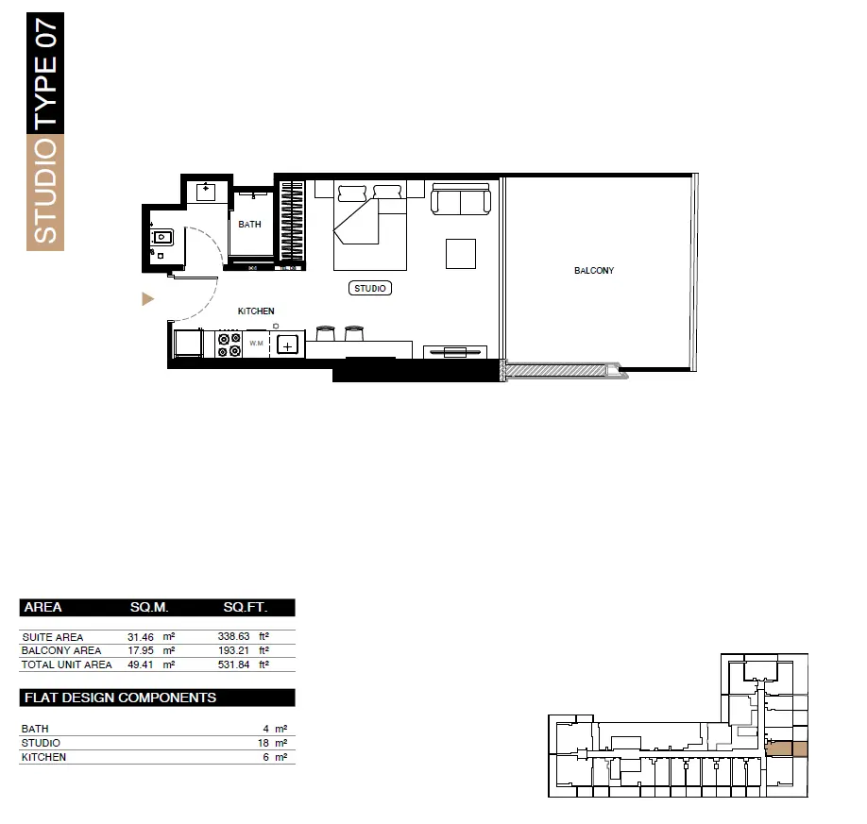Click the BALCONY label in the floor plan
(594, 270)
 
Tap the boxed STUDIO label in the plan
(370, 288)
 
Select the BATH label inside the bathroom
(249, 224)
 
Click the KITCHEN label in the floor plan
(256, 311)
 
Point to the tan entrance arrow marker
(147, 299)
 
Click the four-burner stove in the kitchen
(229, 345)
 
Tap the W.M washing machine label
(256, 344)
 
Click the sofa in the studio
(461, 199)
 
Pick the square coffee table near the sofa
(461, 254)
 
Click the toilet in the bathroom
(161, 238)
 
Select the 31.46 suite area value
(141, 637)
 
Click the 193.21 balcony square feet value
(233, 650)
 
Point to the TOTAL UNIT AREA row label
(66, 664)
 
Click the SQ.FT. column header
(246, 607)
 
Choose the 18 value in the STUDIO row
(263, 744)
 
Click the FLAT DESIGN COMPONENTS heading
(121, 698)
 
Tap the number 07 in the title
(45, 34)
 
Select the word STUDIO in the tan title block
(45, 192)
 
